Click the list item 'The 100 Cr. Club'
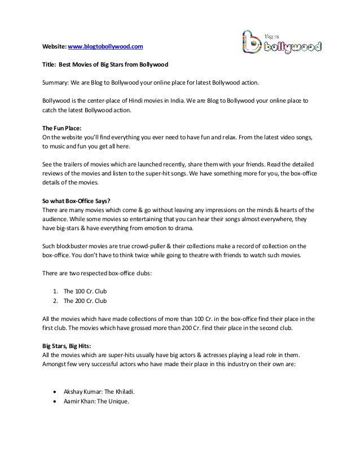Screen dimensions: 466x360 click(x=85, y=292)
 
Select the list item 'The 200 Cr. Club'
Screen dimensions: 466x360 click(x=85, y=301)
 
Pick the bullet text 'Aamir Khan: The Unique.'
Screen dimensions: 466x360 click(x=96, y=401)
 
